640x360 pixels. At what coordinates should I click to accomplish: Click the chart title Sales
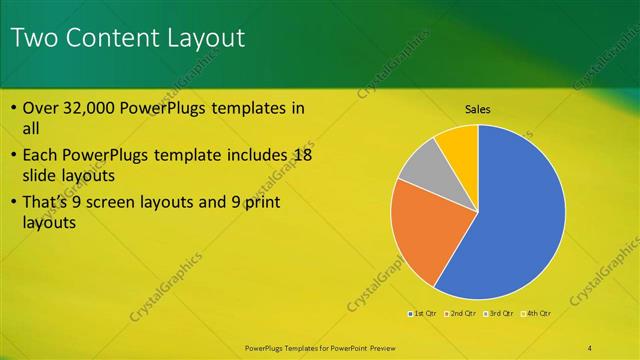pyautogui.click(x=478, y=109)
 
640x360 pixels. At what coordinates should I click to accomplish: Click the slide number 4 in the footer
pyautogui.click(x=590, y=347)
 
